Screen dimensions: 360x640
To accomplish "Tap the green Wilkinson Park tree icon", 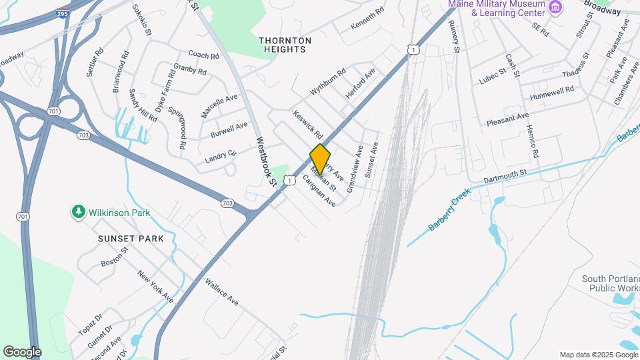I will pos(78,213).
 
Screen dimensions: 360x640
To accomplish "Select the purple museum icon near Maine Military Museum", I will pos(555,7).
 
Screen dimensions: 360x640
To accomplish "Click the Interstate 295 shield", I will pos(61,13).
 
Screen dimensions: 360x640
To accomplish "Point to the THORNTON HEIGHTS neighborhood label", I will pos(285,45).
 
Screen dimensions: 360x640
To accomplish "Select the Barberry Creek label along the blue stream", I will pos(449,209).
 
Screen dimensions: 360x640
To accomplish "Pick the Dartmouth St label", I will pos(505,173).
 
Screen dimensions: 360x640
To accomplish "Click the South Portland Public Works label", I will pos(610,284).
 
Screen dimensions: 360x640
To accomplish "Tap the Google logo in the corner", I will pos(22,351).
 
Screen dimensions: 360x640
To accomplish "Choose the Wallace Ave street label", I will pos(221,291).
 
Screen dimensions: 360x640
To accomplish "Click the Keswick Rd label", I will pos(307,125).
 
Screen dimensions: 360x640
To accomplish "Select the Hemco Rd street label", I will pos(532,141).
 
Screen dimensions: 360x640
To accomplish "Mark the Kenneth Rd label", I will pos(368,19).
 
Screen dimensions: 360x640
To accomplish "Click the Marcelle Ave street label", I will pos(219,106).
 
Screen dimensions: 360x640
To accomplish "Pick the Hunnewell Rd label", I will pos(552,93).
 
